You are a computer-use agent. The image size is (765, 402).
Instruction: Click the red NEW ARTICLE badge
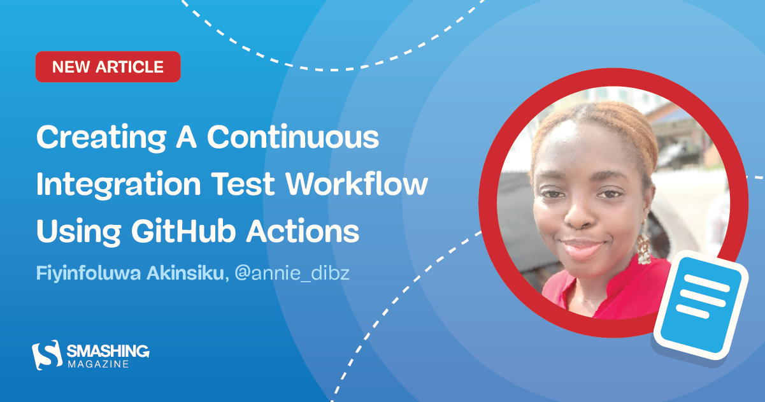tap(108, 67)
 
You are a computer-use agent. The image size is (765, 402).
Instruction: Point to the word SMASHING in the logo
tap(108, 350)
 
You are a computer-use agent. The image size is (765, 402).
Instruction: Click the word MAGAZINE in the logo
tap(98, 364)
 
